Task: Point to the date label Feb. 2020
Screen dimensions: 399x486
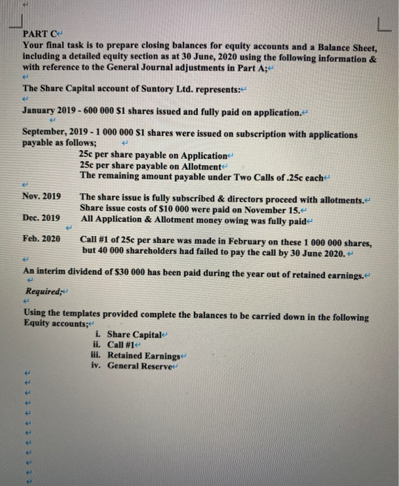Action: click(x=41, y=238)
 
